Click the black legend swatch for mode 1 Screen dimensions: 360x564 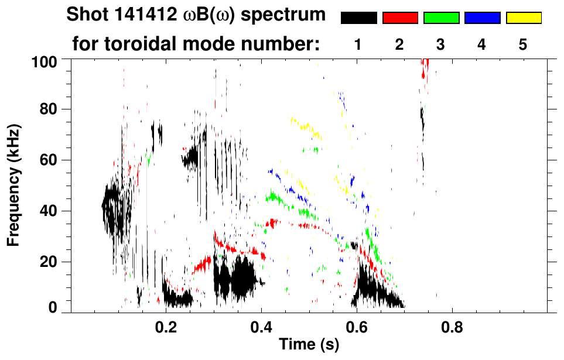[x=359, y=18]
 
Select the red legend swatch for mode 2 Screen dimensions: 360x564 [x=400, y=18]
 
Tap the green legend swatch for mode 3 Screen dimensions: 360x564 [x=441, y=18]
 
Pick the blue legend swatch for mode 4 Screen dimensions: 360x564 [x=482, y=18]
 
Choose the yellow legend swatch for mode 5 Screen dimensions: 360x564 [x=524, y=18]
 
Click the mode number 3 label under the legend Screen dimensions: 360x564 [x=441, y=44]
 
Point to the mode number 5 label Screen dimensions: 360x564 [x=524, y=44]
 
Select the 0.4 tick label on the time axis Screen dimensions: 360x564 [x=261, y=324]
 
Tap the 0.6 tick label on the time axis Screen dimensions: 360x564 [x=357, y=324]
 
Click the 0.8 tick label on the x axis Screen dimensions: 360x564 [x=452, y=324]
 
